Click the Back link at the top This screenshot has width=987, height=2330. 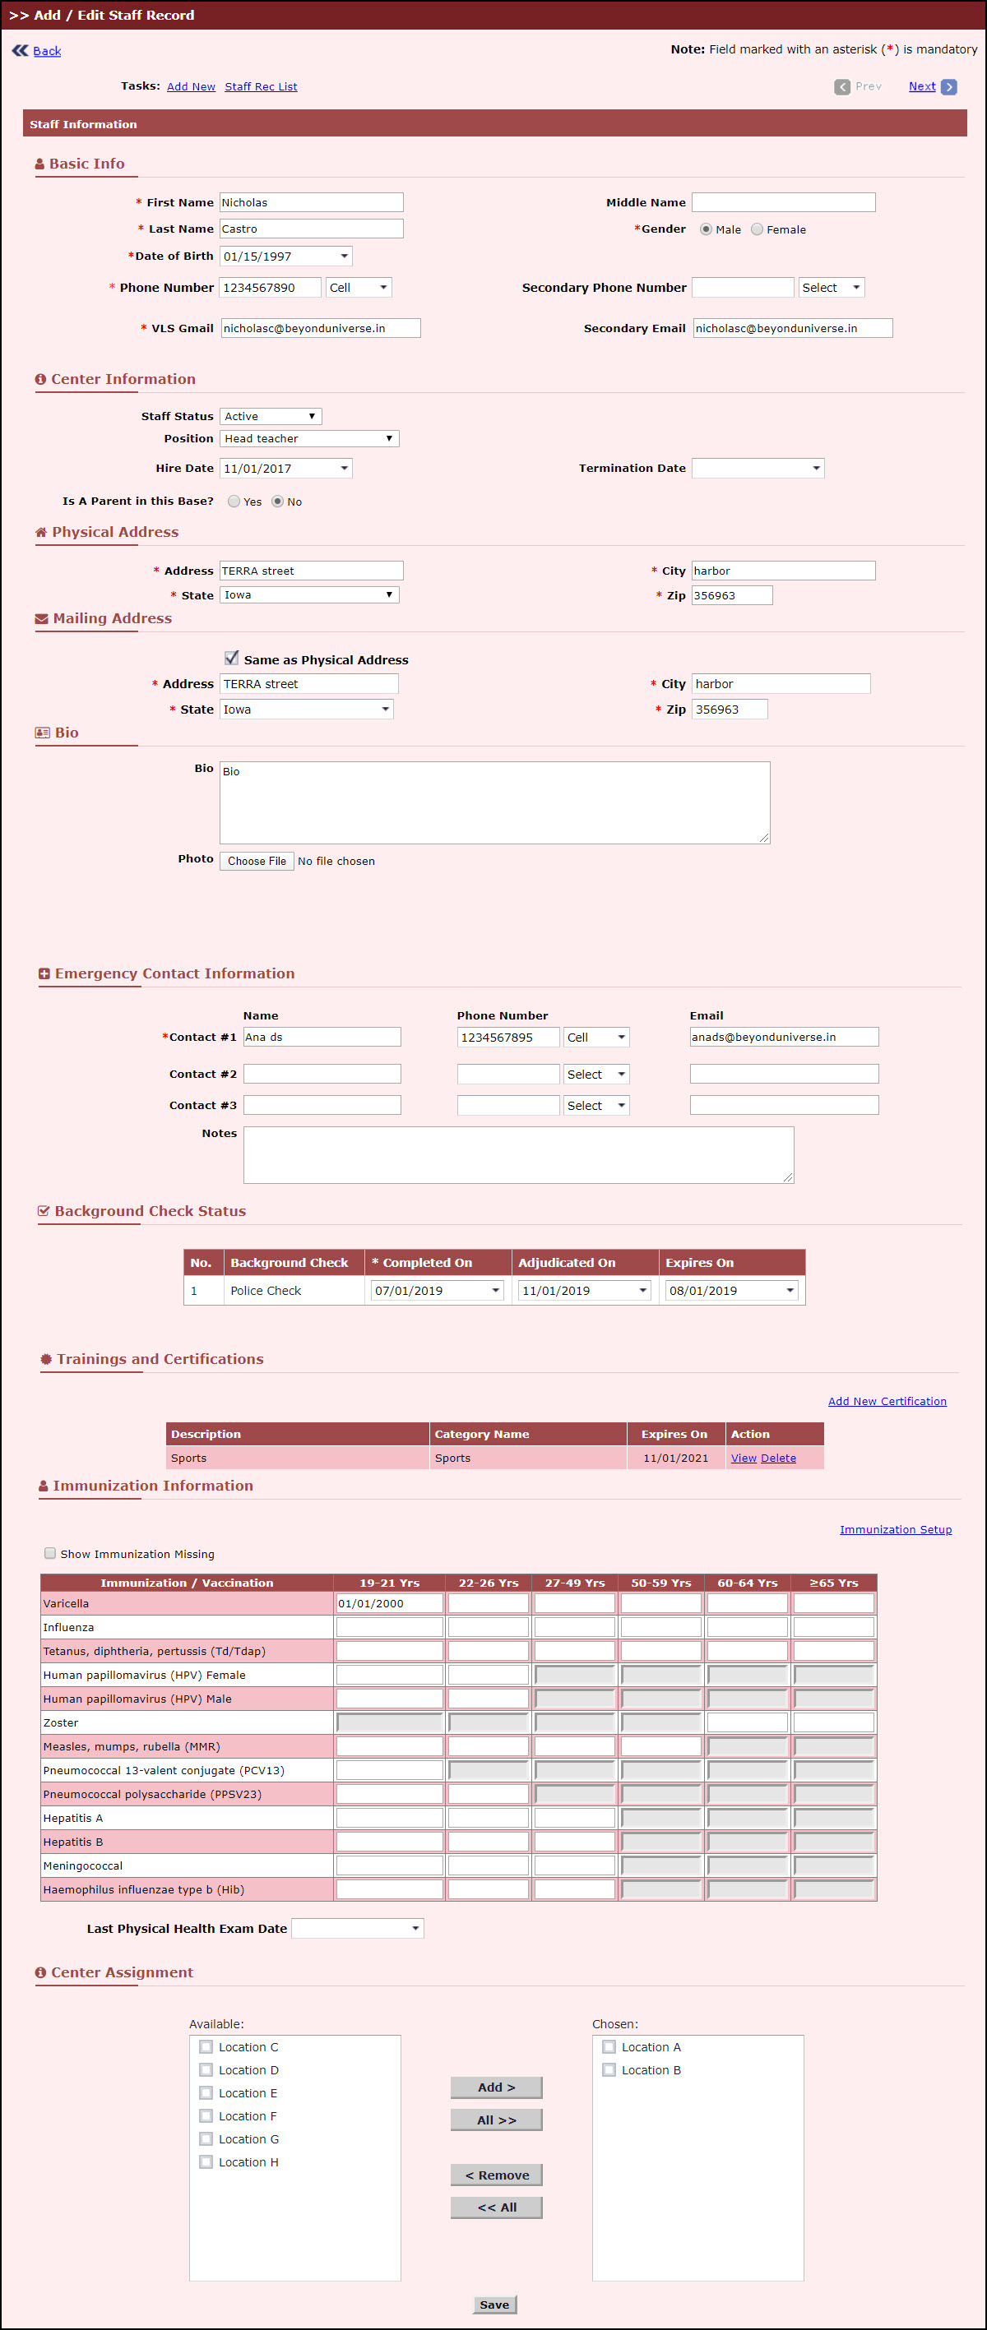point(46,52)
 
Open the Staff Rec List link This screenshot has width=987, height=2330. point(261,87)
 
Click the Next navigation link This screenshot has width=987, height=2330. point(922,87)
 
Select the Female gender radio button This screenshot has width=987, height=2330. point(758,229)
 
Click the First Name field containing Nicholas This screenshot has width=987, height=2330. point(310,202)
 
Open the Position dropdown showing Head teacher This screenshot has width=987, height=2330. point(308,439)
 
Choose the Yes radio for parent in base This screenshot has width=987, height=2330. point(234,502)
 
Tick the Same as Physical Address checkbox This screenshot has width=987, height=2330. point(232,659)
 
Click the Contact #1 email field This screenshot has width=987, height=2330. point(784,1038)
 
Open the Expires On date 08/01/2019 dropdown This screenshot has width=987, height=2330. point(731,1291)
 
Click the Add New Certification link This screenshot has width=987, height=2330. point(887,1401)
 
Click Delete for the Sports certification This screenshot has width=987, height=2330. point(778,1458)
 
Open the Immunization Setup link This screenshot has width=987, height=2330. point(895,1529)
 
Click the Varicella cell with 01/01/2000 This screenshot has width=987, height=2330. point(389,1604)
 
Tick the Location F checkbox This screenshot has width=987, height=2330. point(206,2116)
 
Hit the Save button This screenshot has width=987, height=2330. point(494,2305)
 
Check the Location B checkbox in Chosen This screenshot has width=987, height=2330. point(609,2070)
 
